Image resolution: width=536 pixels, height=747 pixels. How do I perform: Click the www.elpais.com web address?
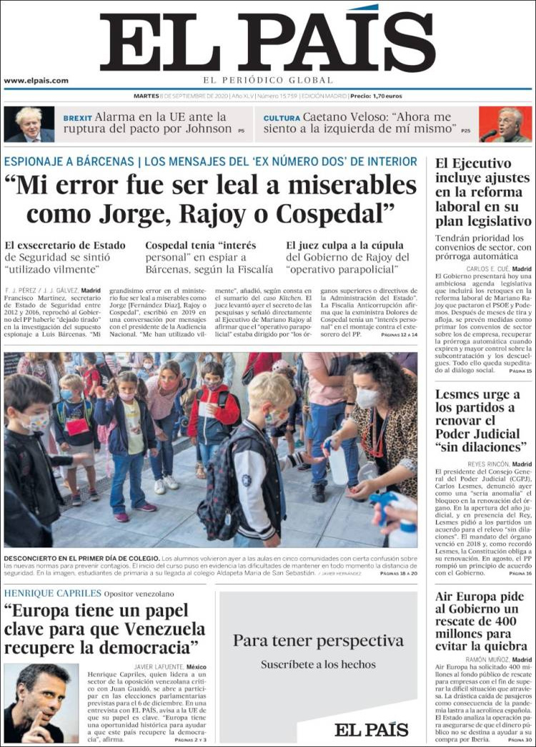(36, 81)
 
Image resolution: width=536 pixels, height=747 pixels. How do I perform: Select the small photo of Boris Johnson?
(29, 124)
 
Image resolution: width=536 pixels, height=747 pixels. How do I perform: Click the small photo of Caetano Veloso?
(505, 124)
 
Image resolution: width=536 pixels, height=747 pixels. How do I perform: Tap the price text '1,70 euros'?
(387, 95)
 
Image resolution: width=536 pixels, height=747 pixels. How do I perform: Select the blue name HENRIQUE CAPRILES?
(52, 593)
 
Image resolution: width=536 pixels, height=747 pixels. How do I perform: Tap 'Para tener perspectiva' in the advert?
(318, 640)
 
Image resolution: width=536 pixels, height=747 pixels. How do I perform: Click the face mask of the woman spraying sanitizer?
(367, 399)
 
